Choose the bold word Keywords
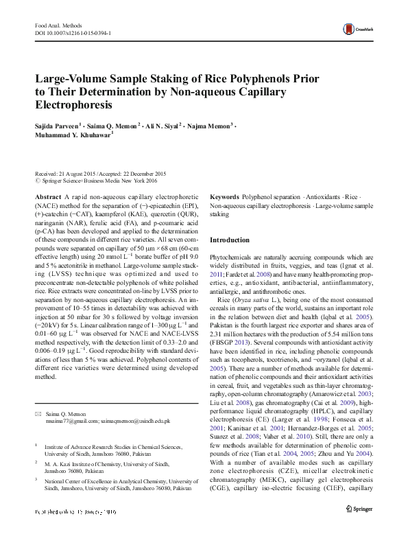click(224, 196)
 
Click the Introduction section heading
click(230, 240)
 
